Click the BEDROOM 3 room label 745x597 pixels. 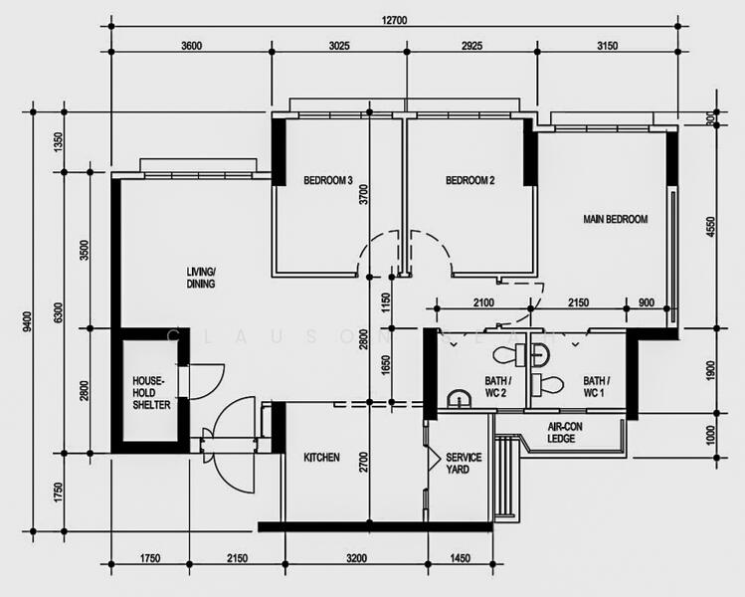[328, 181]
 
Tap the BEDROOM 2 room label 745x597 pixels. [470, 181]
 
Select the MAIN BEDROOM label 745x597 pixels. [616, 220]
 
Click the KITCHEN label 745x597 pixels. [321, 458]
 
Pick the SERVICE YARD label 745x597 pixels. [464, 463]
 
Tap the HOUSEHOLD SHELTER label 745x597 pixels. [151, 393]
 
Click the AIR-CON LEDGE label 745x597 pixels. [569, 432]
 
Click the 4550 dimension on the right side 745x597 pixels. [710, 227]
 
